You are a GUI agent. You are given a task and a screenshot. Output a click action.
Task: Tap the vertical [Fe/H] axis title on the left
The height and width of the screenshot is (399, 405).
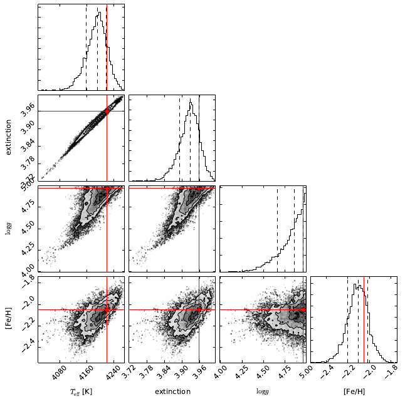[x=7, y=319]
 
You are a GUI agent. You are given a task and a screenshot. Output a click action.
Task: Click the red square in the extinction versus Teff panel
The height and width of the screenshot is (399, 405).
[x=107, y=111]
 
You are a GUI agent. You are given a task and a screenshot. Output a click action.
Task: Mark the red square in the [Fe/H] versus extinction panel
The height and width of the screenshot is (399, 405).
[x=199, y=309]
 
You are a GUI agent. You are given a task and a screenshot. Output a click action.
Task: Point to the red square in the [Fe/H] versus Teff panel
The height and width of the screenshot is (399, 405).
[x=107, y=309]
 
